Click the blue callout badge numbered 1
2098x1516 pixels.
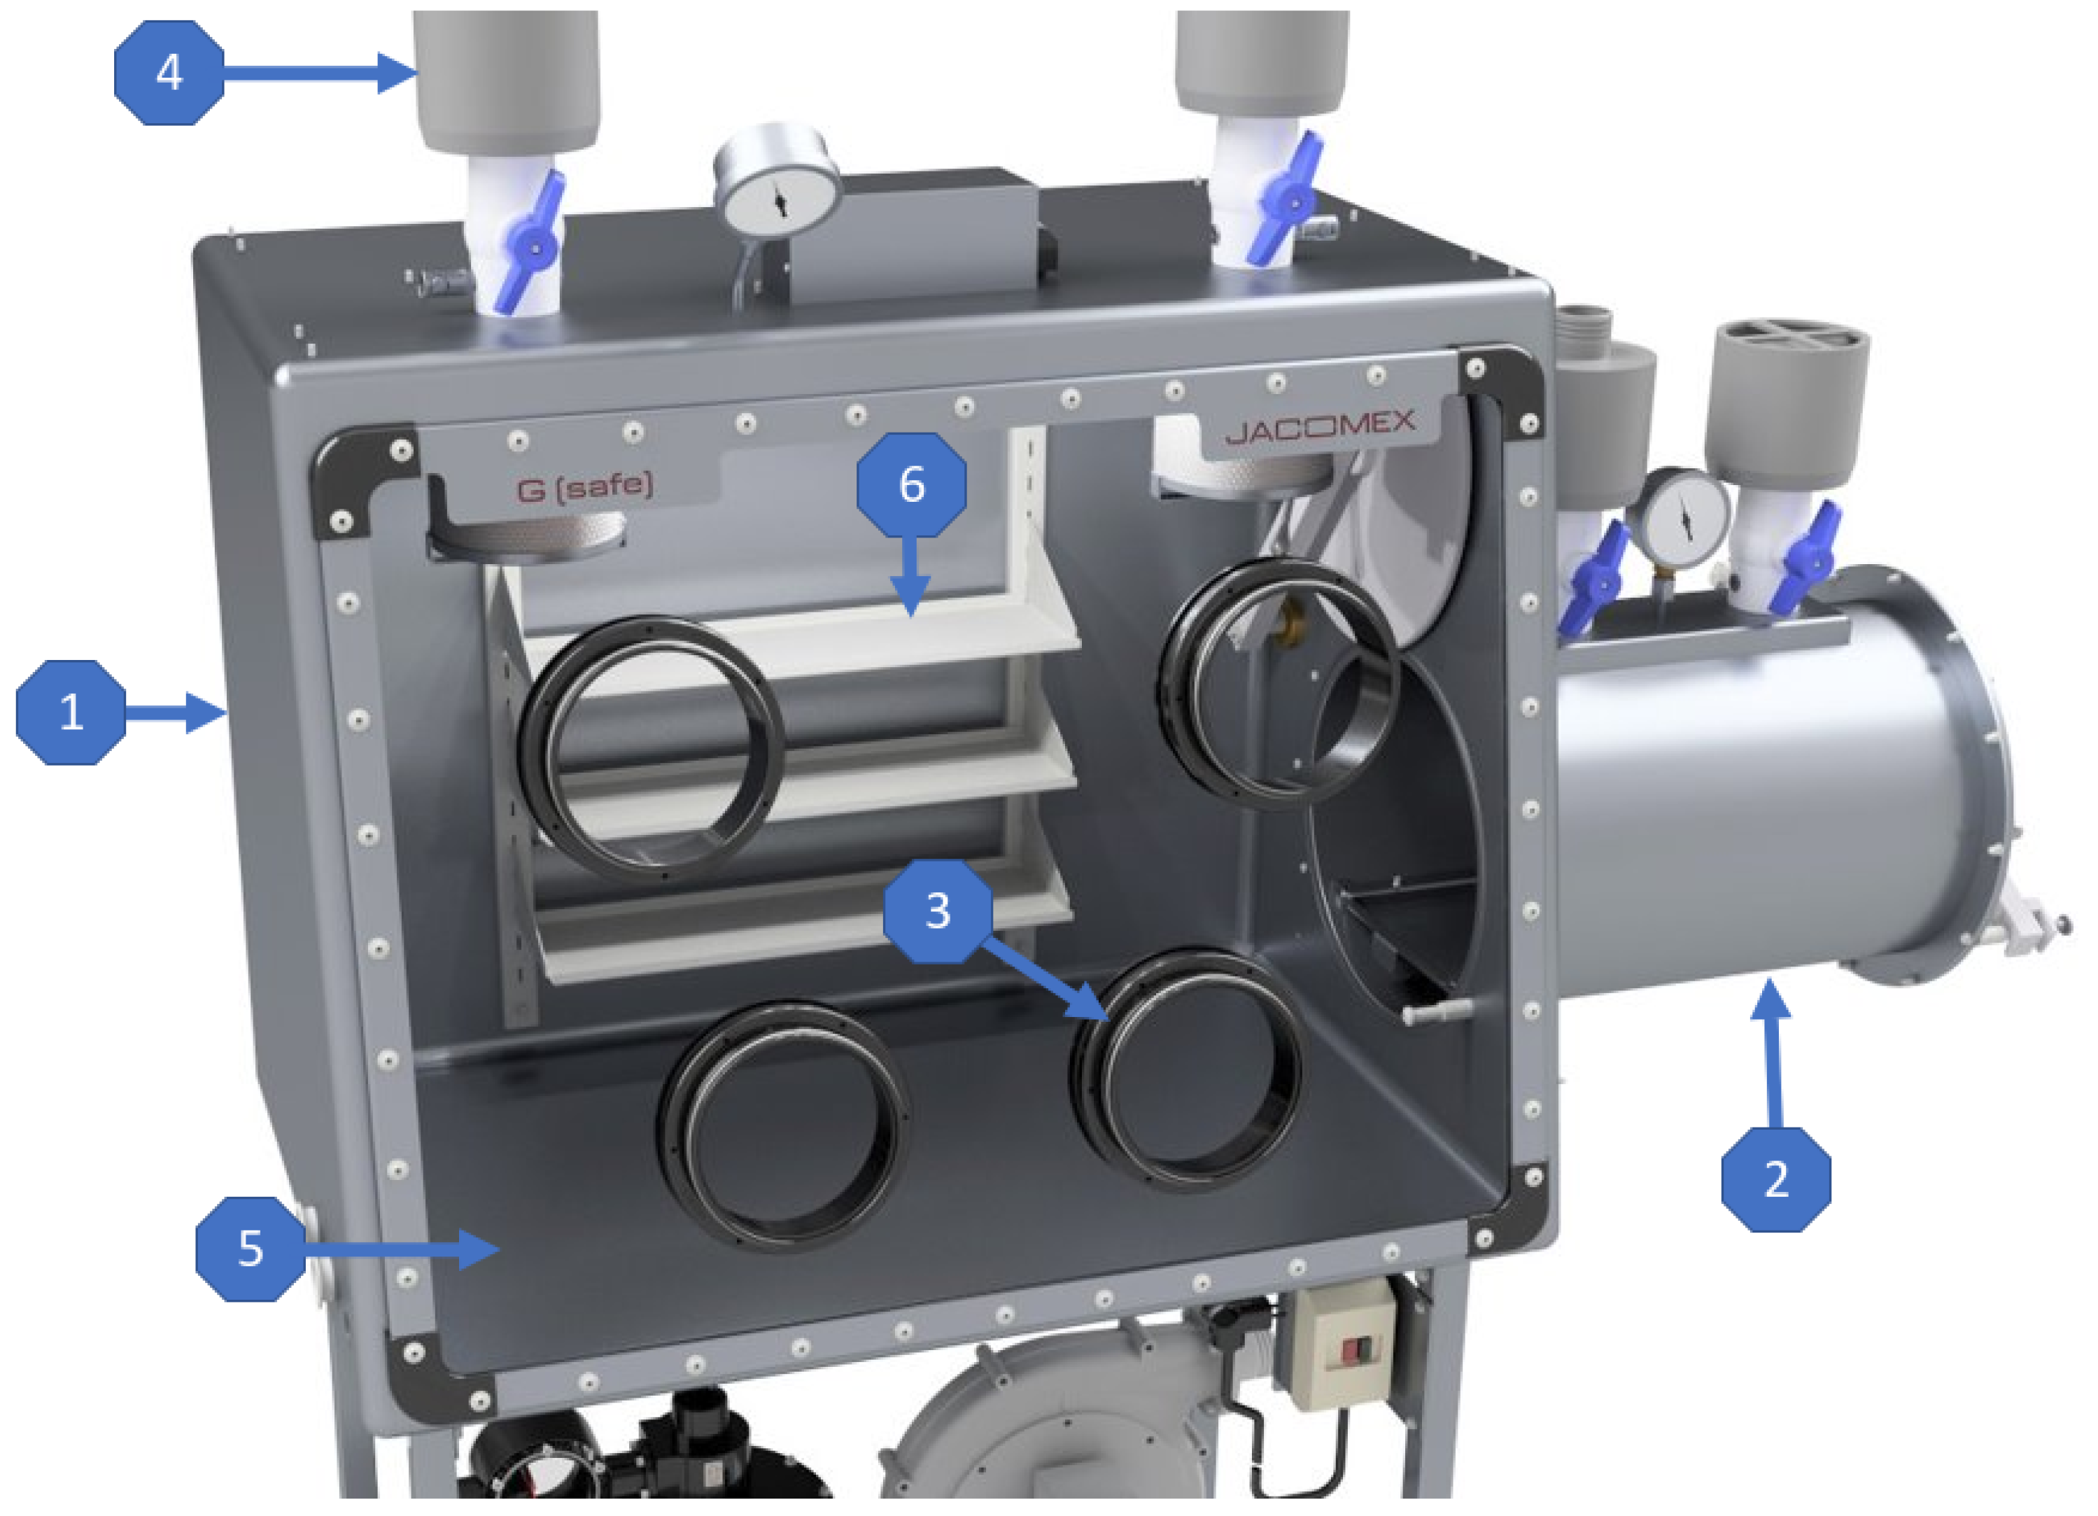point(71,713)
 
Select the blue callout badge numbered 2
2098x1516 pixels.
point(1776,1179)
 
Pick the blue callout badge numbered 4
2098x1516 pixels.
point(169,72)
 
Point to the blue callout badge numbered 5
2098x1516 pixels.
point(251,1249)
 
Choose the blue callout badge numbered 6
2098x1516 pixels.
point(911,484)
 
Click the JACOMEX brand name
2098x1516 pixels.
point(1320,428)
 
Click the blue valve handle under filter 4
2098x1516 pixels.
point(530,242)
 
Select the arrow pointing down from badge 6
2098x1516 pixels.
point(912,575)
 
